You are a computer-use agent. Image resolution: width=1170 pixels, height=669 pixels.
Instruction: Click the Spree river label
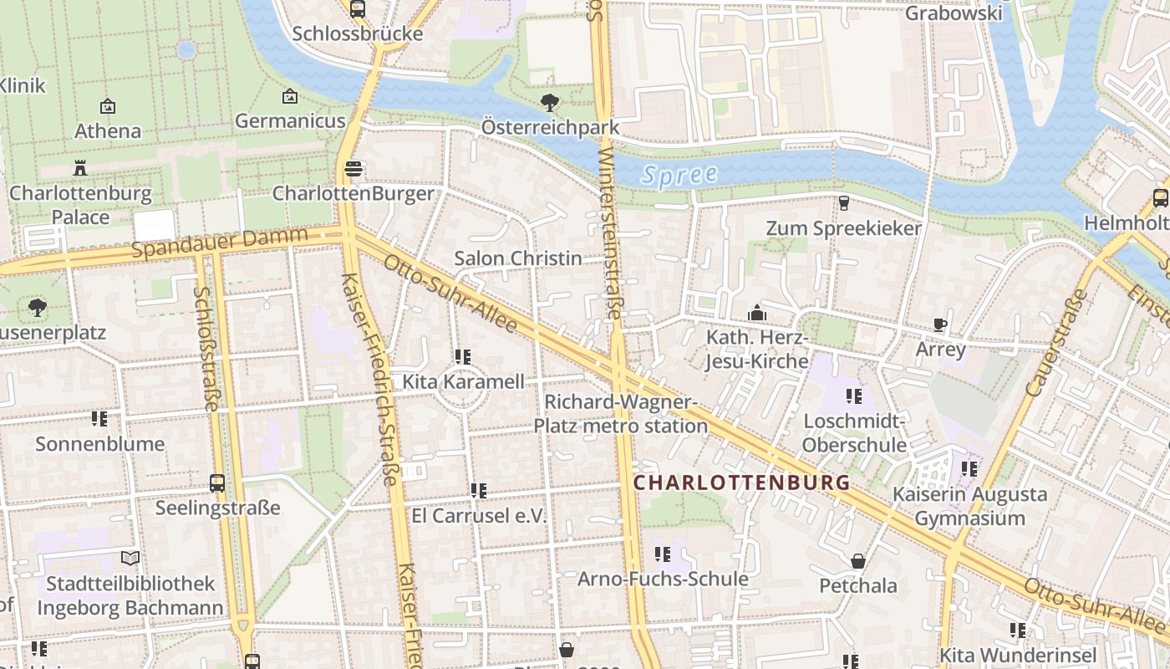coord(680,175)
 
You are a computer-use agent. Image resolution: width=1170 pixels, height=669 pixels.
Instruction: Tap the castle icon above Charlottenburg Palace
coord(80,167)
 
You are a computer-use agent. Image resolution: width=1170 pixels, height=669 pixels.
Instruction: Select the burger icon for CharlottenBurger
coord(354,169)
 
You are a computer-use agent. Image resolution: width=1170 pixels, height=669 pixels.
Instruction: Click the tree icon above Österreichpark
coord(550,103)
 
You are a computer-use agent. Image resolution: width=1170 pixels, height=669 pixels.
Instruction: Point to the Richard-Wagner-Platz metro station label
coord(621,414)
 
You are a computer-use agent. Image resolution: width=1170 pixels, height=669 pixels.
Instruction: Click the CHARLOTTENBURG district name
coord(741,483)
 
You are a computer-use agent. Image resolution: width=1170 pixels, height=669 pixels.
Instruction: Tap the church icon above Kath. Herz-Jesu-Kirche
coord(757,313)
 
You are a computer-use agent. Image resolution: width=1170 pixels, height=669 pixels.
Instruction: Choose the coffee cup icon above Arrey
coord(940,324)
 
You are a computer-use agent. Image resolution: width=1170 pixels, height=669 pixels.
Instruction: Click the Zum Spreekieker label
coord(844,228)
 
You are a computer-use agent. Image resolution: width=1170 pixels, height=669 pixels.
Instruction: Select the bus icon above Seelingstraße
coord(217,483)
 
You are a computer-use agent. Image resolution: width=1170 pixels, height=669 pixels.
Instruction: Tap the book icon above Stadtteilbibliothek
coord(130,558)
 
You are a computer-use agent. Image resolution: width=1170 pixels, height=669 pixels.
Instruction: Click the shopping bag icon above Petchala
coord(858,560)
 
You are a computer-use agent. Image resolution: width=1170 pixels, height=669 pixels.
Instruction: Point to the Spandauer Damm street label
coord(220,244)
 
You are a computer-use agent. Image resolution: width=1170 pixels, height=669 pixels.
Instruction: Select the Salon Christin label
coord(517,258)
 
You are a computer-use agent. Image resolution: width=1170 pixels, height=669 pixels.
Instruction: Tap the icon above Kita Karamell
coord(463,357)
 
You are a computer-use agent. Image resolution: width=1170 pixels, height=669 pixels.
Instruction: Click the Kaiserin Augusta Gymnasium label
coord(969,506)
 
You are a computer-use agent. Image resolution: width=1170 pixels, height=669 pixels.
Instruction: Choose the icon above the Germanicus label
coord(290,97)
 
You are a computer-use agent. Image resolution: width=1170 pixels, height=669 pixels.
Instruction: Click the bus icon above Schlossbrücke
coord(358,9)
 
